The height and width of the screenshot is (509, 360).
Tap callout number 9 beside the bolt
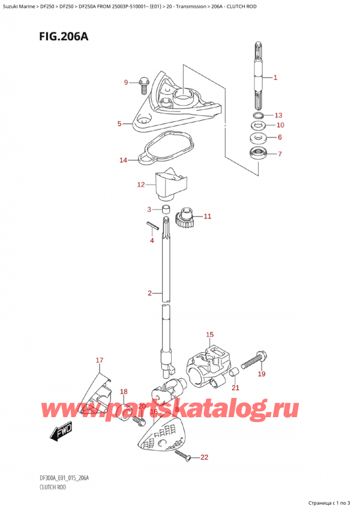tap(126, 82)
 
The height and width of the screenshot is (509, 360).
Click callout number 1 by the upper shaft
tap(275, 77)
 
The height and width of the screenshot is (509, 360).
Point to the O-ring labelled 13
tap(257, 115)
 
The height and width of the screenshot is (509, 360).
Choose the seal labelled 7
tap(259, 154)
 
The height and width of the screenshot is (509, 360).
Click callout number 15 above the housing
tap(209, 334)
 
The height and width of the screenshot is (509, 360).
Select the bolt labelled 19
tap(253, 361)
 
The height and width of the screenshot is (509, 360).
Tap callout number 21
tap(235, 388)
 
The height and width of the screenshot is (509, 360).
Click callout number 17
tap(100, 360)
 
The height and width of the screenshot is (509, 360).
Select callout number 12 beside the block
tap(141, 184)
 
